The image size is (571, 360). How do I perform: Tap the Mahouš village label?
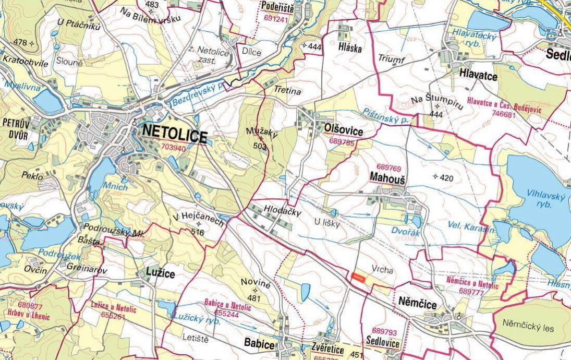(387, 177)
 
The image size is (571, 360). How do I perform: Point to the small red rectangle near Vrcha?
(358, 277)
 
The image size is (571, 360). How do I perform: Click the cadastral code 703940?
(174, 148)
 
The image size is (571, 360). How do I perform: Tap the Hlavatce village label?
(478, 76)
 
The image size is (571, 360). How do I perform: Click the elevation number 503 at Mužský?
(260, 147)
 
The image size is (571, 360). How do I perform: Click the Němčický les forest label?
(528, 328)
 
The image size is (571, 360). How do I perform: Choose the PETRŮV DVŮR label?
(15, 129)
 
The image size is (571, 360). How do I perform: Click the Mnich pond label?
(116, 186)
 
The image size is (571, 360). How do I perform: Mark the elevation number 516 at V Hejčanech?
(198, 232)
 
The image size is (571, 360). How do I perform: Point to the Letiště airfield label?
(196, 340)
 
